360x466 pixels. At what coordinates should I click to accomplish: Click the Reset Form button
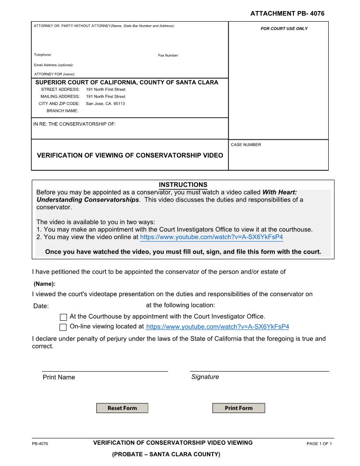pyautogui.click(x=122, y=408)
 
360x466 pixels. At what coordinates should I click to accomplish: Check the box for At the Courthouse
pyautogui.click(x=63, y=317)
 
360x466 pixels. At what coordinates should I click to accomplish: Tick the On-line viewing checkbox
pyautogui.click(x=63, y=327)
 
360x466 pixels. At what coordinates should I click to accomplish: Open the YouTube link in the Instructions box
pyautogui.click(x=211, y=237)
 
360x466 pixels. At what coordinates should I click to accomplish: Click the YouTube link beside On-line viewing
pyautogui.click(x=217, y=327)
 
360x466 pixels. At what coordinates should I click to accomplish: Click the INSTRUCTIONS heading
pyautogui.click(x=183, y=184)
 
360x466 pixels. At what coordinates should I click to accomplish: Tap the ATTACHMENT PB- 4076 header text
pyautogui.click(x=287, y=14)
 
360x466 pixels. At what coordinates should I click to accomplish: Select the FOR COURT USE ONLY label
pyautogui.click(x=284, y=29)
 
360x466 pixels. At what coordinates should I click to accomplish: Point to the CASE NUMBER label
pyautogui.click(x=246, y=145)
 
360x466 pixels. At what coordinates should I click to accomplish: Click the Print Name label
pyautogui.click(x=59, y=377)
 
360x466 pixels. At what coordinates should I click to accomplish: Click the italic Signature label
pyautogui.click(x=205, y=377)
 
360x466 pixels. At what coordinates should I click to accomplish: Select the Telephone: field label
pyautogui.click(x=43, y=55)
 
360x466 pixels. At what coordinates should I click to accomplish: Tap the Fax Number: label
pyautogui.click(x=168, y=55)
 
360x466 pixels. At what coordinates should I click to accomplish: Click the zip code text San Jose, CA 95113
pyautogui.click(x=105, y=104)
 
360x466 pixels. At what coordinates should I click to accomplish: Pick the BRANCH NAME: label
pyautogui.click(x=62, y=111)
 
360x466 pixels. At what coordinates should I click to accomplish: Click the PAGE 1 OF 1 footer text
pyautogui.click(x=319, y=443)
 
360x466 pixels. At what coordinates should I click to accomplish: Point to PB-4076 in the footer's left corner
pyautogui.click(x=40, y=443)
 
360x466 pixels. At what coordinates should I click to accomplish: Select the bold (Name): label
pyautogui.click(x=45, y=284)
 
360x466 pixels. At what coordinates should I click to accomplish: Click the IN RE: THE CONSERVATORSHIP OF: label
pyautogui.click(x=75, y=124)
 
